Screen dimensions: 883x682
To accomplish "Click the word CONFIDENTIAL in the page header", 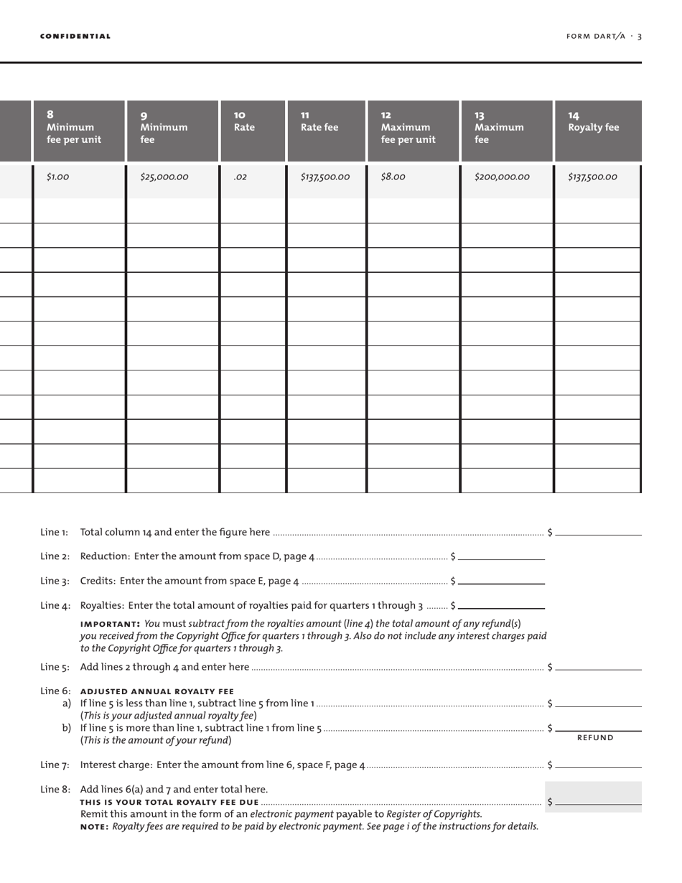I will pos(75,36).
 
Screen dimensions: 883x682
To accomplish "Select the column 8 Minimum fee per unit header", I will pos(74,127).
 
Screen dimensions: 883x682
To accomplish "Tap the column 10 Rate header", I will pos(244,121).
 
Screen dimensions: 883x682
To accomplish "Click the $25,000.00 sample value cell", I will pos(164,177).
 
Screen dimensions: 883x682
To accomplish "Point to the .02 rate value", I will pos(240,177).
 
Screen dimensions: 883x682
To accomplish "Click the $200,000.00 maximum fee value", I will pos(502,177).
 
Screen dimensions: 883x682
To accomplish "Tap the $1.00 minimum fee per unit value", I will pos(57,177).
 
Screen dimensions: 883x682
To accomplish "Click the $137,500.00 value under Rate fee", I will pos(325,177).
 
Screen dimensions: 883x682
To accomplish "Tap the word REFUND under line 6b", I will pos(595,738).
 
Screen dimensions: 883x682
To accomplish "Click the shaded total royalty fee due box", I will pos(594,797).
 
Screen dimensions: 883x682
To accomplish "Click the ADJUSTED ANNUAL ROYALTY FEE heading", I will pos(157,692).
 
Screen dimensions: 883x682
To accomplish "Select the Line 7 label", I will pos(55,765).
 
